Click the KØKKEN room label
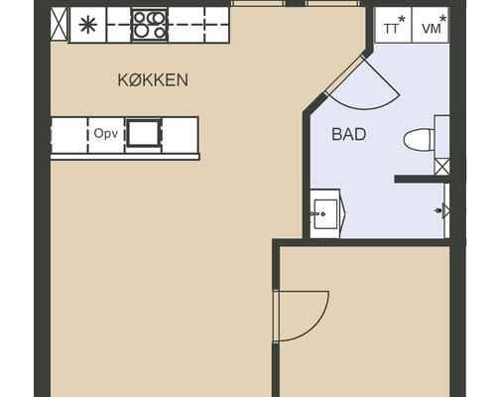click(153, 80)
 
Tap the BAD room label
click(349, 134)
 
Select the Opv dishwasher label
click(106, 134)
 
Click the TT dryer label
click(391, 29)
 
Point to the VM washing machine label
click(432, 29)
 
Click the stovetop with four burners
click(150, 25)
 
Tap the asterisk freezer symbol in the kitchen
click(88, 25)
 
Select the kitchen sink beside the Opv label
click(144, 133)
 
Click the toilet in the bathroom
click(420, 139)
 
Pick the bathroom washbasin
click(325, 213)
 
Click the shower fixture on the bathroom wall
click(443, 210)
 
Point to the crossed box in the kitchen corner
click(60, 25)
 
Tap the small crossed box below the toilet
click(441, 167)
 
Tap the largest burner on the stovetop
click(155, 18)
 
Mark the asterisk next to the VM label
click(442, 19)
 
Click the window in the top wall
click(296, 4)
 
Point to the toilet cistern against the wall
click(441, 137)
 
